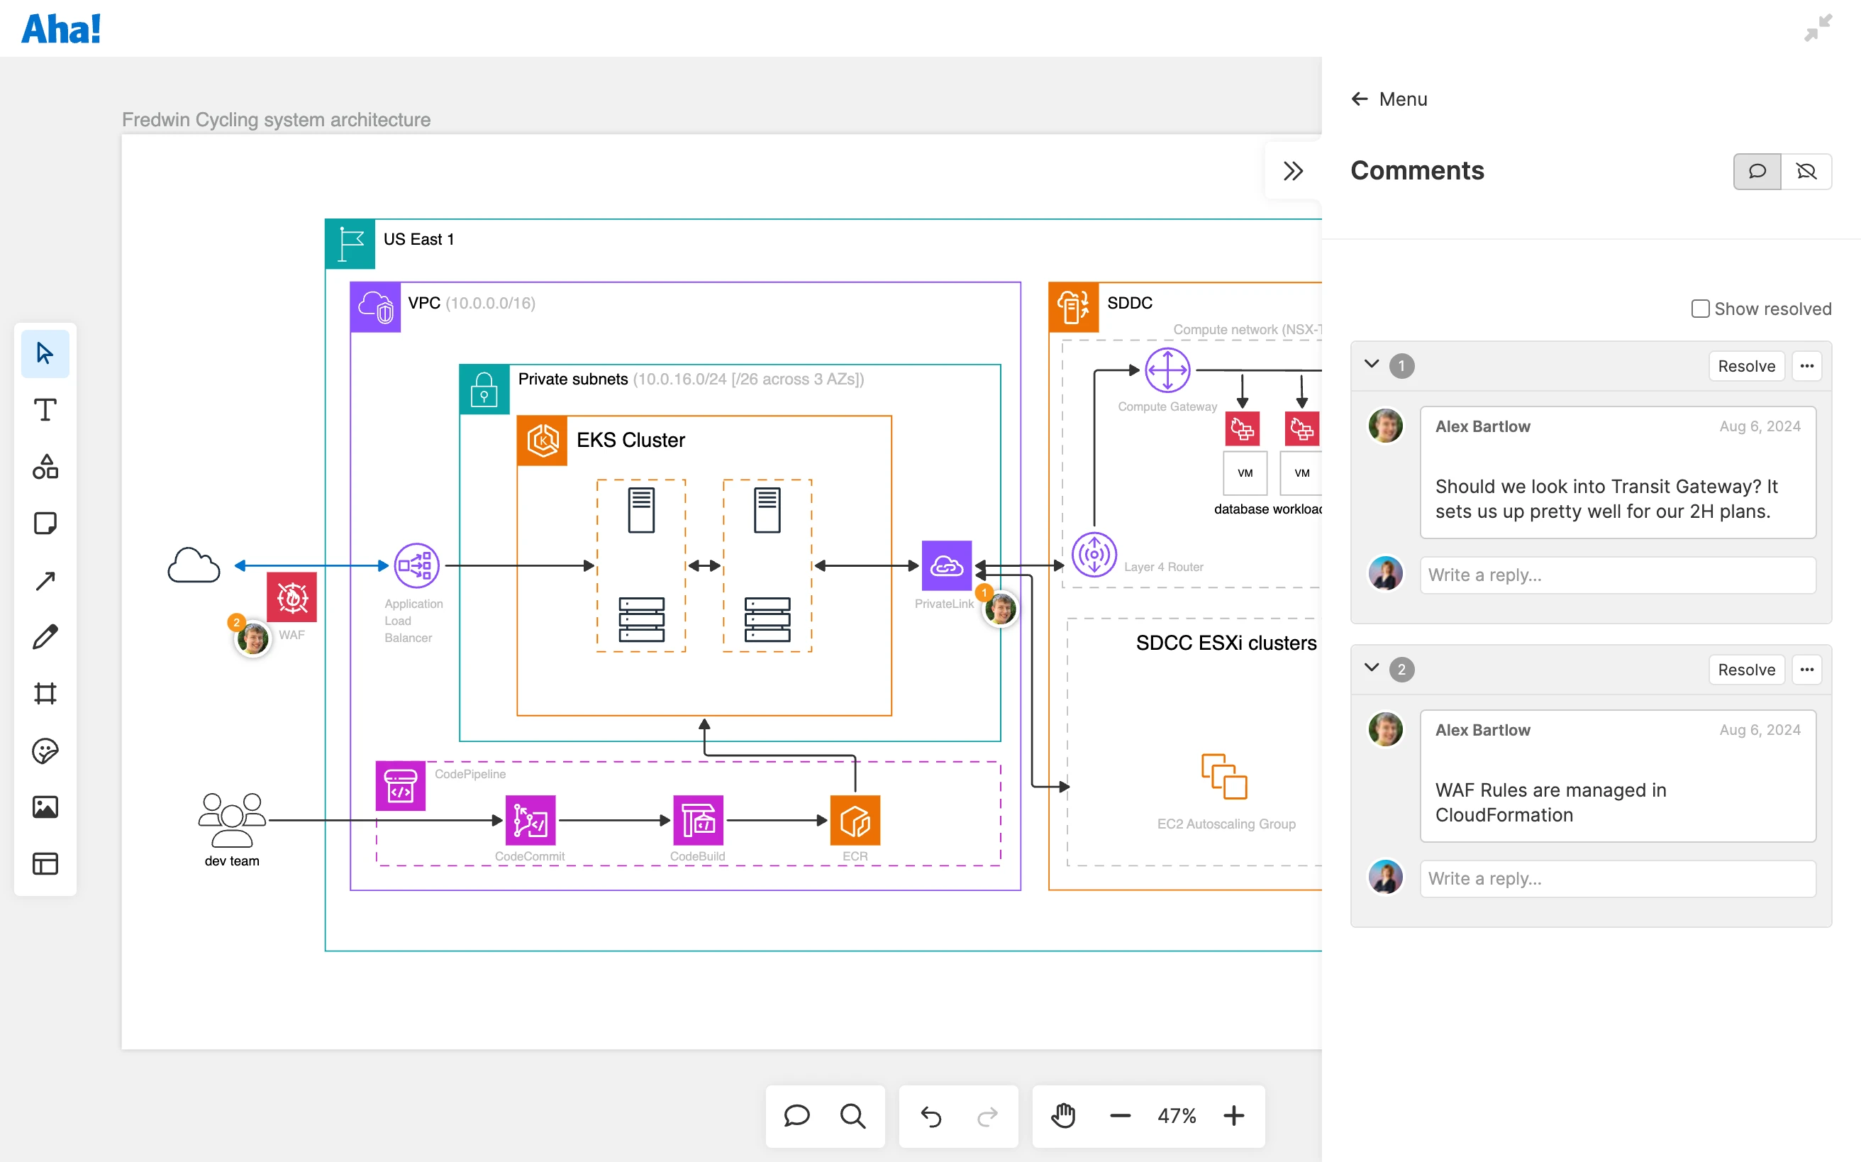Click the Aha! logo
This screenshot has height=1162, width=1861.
point(61,29)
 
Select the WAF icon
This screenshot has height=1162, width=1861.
point(292,597)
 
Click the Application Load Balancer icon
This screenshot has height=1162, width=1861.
point(416,565)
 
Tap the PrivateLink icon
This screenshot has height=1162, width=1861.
point(947,565)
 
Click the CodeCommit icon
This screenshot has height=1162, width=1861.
point(530,820)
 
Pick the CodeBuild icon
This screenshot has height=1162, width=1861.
point(698,820)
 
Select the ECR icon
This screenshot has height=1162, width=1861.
point(855,820)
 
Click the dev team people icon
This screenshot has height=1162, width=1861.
point(231,819)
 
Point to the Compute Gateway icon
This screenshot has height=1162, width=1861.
point(1167,370)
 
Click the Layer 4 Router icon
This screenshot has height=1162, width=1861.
point(1094,554)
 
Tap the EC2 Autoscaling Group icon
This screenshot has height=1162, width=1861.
point(1224,776)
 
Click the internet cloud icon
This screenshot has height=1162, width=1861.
point(194,565)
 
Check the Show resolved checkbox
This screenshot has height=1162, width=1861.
point(1699,309)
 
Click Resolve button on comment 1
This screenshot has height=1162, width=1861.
point(1745,366)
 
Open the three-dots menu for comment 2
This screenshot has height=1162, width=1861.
point(1806,670)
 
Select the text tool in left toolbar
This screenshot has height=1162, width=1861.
point(45,409)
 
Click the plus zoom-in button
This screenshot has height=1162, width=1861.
point(1234,1115)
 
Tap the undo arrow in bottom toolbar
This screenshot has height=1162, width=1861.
point(930,1115)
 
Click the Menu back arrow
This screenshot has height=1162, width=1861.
point(1360,99)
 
